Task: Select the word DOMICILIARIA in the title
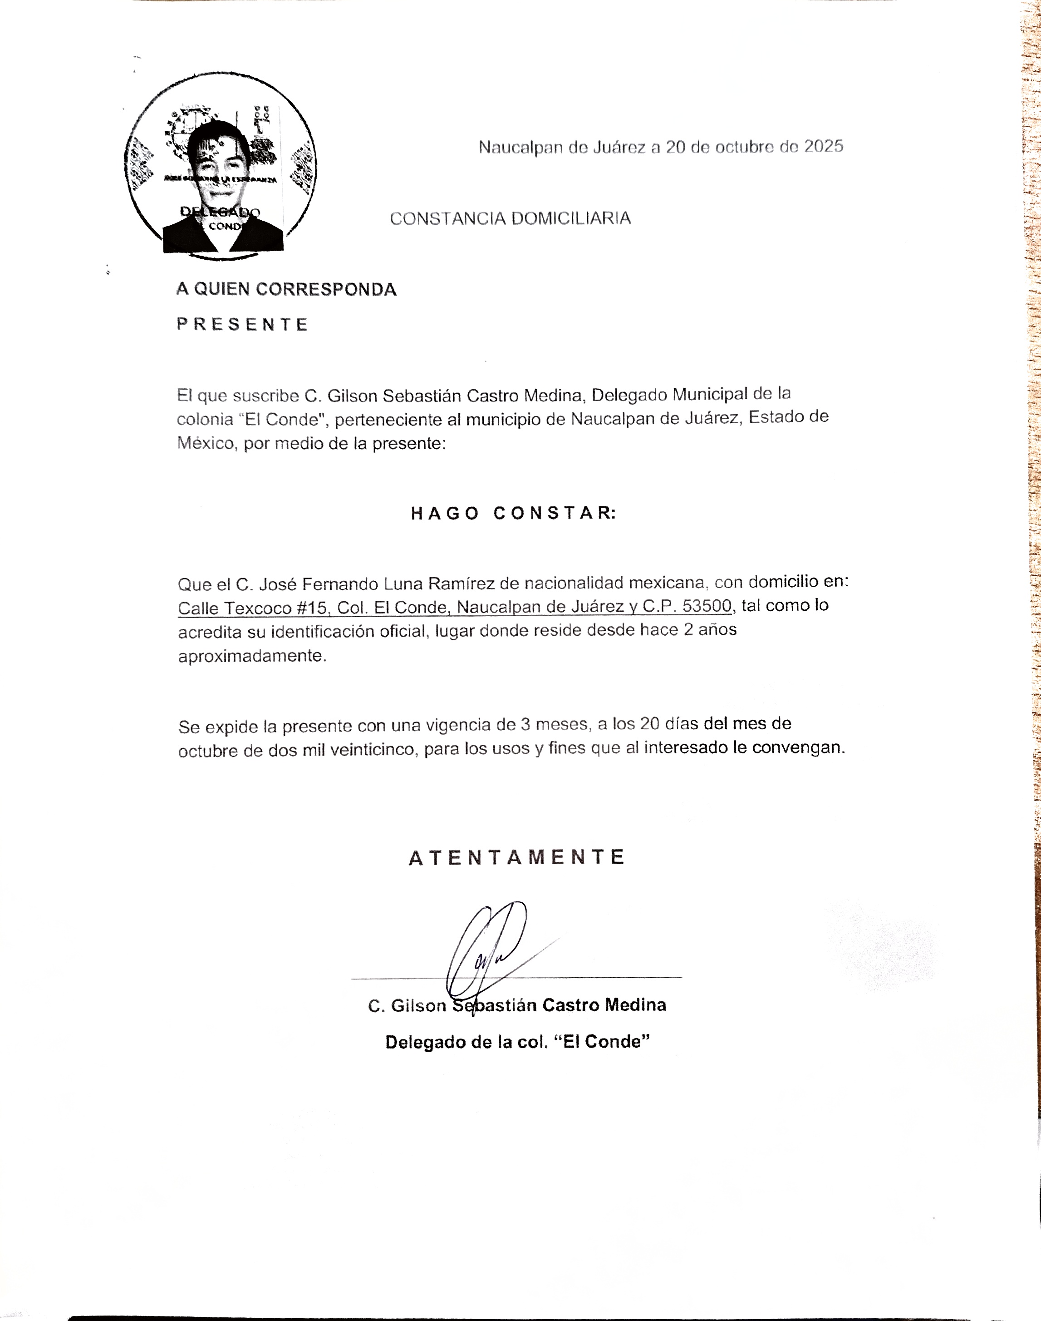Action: [570, 218]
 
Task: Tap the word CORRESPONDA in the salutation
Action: [326, 289]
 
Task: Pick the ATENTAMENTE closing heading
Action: [516, 857]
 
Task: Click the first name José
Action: [278, 584]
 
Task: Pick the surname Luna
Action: [403, 584]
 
